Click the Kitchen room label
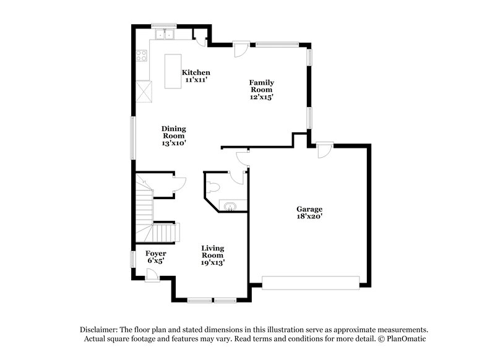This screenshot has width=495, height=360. pyautogui.click(x=196, y=72)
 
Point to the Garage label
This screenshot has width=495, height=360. pyautogui.click(x=309, y=209)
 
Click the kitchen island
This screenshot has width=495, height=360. pyautogui.click(x=173, y=71)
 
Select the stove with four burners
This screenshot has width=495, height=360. pyautogui.click(x=141, y=56)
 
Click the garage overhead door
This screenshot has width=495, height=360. pyautogui.click(x=310, y=283)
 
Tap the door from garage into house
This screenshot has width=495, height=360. pyautogui.click(x=323, y=150)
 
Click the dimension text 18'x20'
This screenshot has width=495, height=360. pyautogui.click(x=309, y=216)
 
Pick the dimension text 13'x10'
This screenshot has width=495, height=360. pyautogui.click(x=174, y=143)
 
